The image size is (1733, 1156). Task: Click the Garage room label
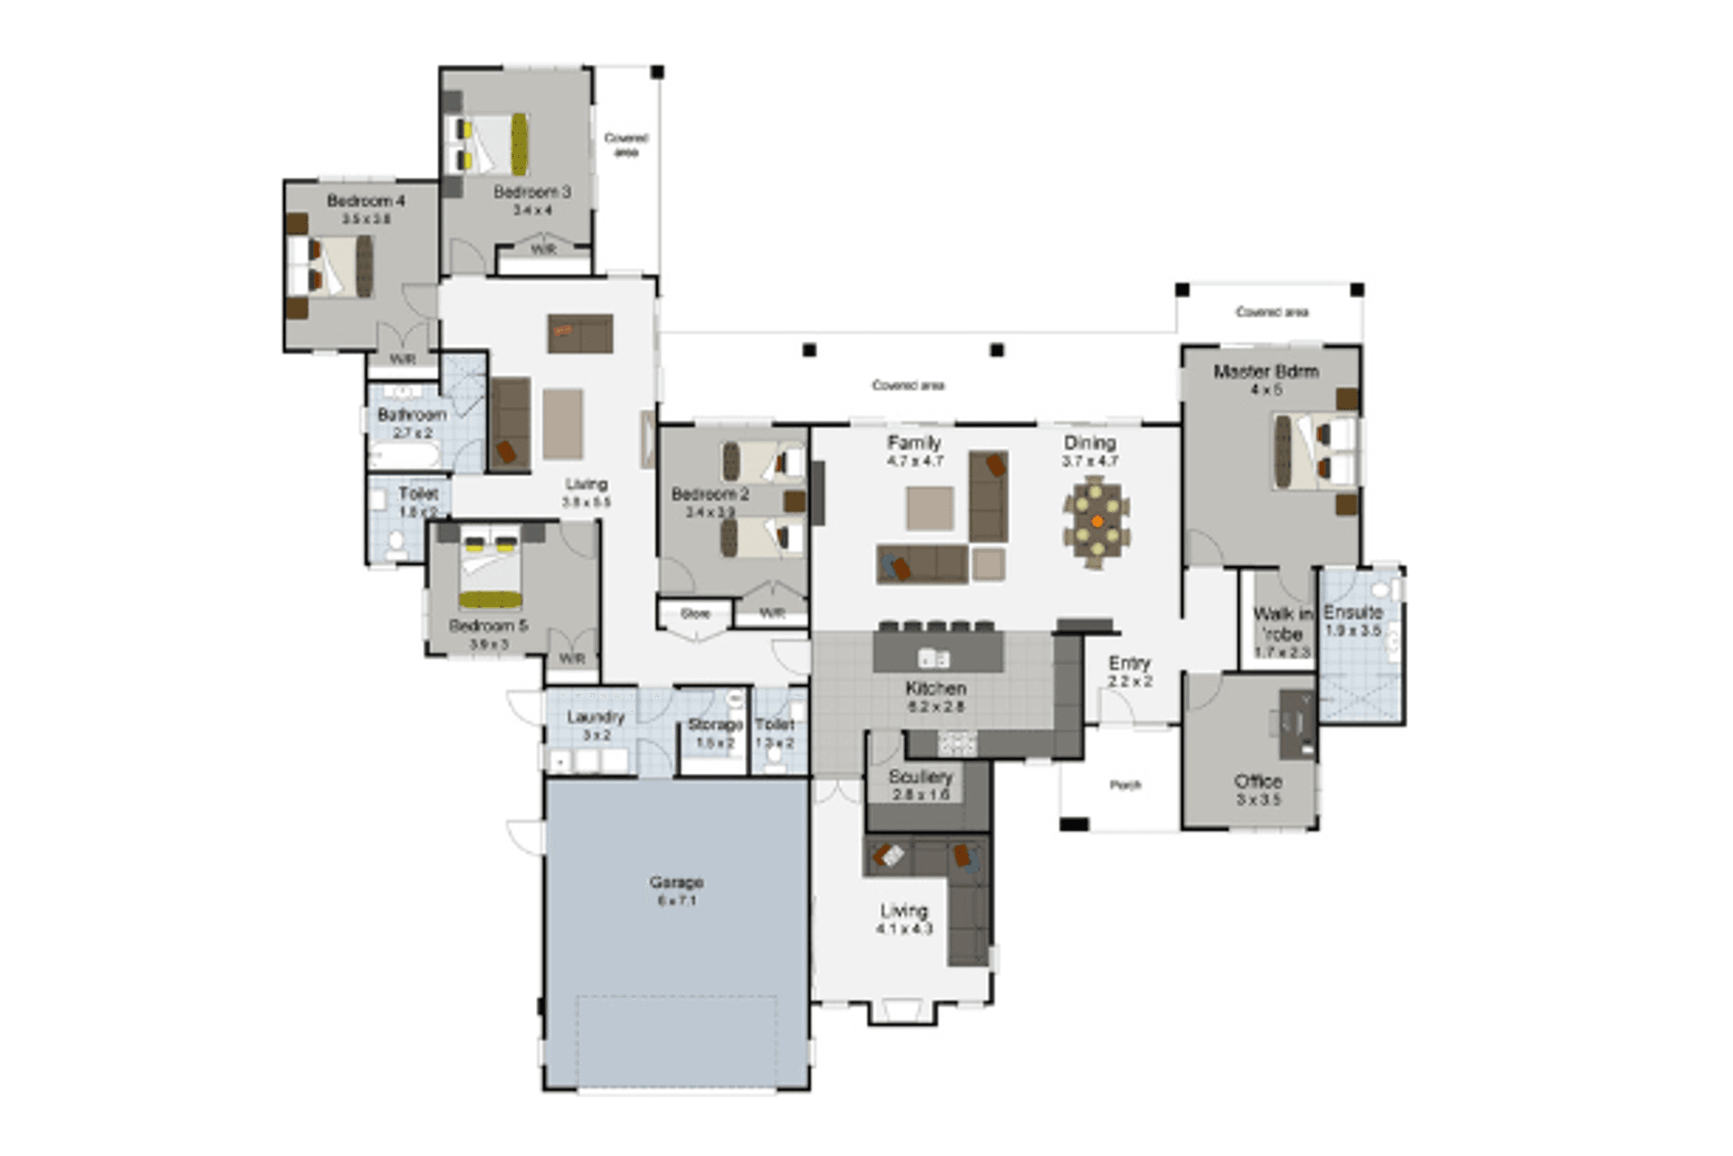tap(676, 882)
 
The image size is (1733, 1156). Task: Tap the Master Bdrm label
tap(1265, 371)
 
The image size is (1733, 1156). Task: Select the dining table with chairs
tap(1096, 522)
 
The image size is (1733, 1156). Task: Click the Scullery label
tap(920, 777)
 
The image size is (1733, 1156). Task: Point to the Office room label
tap(1257, 781)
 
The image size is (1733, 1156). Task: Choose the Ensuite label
tap(1352, 612)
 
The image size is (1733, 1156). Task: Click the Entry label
tap(1129, 663)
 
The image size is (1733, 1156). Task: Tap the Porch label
tap(1125, 785)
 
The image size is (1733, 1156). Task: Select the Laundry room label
tap(596, 717)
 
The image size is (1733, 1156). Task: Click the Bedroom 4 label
tap(366, 200)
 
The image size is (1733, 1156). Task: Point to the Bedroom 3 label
tap(532, 191)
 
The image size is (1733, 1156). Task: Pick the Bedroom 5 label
tap(488, 626)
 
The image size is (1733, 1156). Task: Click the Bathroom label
tap(412, 415)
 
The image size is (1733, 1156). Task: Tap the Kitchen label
tap(935, 688)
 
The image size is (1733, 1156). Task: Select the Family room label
tap(913, 443)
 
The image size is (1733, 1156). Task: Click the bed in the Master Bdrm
tap(1314, 451)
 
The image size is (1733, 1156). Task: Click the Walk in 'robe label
tap(1282, 624)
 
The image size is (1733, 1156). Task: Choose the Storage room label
tap(715, 724)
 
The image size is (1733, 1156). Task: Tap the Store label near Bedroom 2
tap(695, 613)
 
